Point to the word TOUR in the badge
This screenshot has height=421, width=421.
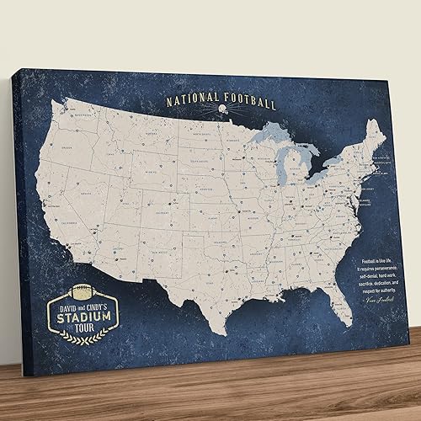tap(85, 329)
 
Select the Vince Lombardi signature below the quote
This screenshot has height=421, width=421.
tap(374, 301)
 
